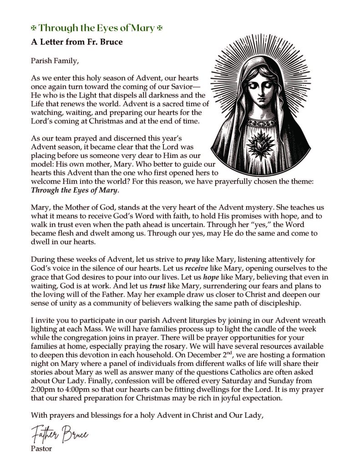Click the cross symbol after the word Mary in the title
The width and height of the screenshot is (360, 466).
[x=159, y=28]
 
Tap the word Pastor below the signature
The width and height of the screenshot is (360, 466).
[x=41, y=449]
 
